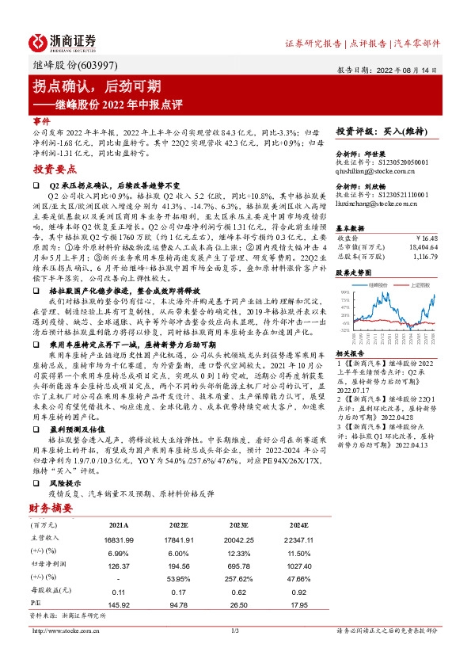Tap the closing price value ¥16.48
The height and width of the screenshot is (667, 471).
pos(427,237)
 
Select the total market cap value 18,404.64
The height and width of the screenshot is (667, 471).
pos(424,247)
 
